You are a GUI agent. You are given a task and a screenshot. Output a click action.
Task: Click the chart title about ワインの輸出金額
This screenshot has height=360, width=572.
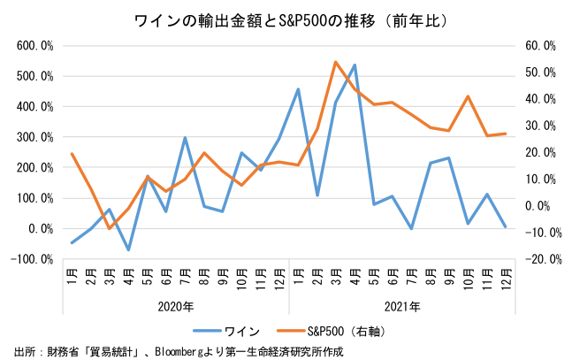pyautogui.click(x=286, y=19)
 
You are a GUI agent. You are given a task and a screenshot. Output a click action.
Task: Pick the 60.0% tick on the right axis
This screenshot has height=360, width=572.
pyautogui.click(x=538, y=45)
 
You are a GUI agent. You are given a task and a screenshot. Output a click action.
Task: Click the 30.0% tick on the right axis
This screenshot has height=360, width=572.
pyautogui.click(x=538, y=126)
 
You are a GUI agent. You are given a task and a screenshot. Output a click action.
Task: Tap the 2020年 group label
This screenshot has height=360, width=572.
pyautogui.click(x=175, y=306)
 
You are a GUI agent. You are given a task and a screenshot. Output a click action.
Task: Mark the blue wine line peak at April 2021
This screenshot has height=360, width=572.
pyautogui.click(x=355, y=65)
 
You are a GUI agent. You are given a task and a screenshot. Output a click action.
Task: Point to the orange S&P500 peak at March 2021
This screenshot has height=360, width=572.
pyautogui.click(x=336, y=62)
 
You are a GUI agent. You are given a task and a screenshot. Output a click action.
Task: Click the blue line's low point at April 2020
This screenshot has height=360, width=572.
pyautogui.click(x=128, y=249)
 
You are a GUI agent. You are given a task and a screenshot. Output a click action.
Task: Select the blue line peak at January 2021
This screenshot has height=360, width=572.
pyautogui.click(x=298, y=89)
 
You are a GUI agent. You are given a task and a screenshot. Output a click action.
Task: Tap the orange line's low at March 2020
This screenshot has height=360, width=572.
pyautogui.click(x=110, y=228)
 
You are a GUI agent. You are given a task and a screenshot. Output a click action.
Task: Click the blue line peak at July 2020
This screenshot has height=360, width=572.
pyautogui.click(x=185, y=138)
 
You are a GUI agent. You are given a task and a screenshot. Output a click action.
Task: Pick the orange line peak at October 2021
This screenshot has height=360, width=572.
pyautogui.click(x=468, y=96)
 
